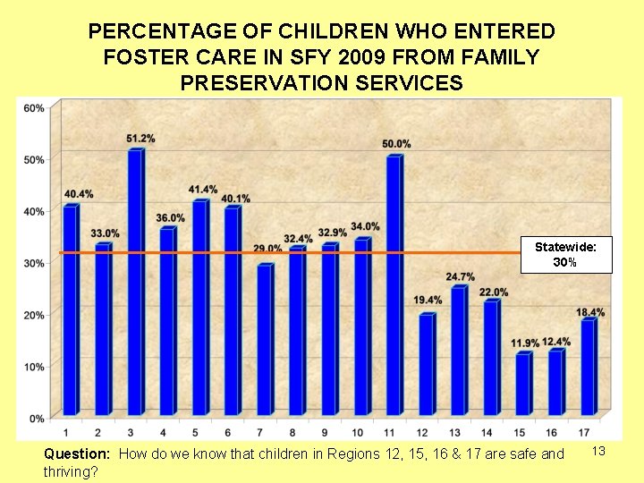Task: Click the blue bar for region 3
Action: tap(135, 282)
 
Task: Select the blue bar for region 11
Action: tap(394, 286)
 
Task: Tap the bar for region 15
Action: tap(523, 385)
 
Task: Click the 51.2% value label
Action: tap(140, 139)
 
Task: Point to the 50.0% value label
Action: tap(396, 144)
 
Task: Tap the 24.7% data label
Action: tap(461, 276)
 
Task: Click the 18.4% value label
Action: tap(590, 312)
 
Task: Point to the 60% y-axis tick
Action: tap(34, 108)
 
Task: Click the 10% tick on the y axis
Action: tap(34, 367)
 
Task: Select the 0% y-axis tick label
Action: tap(37, 418)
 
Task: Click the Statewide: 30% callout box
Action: tap(566, 255)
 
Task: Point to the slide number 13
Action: tap(599, 452)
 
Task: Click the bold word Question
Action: tap(77, 454)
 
